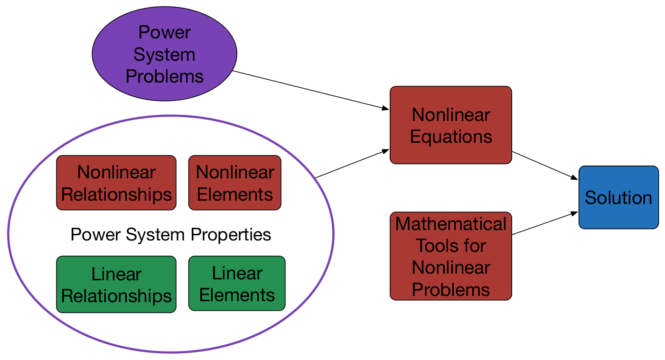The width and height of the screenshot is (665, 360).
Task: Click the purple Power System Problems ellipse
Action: (x=164, y=54)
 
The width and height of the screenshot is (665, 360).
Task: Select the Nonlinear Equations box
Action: (x=450, y=125)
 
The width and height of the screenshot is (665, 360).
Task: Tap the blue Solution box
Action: (x=618, y=197)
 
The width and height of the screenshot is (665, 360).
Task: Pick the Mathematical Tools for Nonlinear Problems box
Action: (x=450, y=256)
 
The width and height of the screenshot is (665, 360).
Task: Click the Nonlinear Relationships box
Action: (x=116, y=183)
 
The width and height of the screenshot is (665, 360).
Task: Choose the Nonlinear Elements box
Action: (x=234, y=183)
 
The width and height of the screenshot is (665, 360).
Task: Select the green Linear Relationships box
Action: (x=116, y=285)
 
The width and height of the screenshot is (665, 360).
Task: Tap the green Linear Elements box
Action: (x=236, y=284)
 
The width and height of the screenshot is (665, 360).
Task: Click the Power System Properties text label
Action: (x=170, y=234)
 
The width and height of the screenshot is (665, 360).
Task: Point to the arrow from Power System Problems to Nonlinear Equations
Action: (x=309, y=91)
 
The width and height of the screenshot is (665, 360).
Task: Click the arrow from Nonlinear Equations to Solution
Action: (x=544, y=165)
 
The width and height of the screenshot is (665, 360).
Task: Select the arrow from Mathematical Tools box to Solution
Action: (x=544, y=223)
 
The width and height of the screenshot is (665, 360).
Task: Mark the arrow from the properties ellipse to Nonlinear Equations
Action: (x=349, y=164)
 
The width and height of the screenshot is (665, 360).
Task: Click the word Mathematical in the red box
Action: (x=450, y=224)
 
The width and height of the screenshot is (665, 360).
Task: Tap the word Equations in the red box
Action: (x=450, y=137)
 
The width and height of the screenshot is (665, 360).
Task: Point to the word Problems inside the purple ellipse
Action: (x=164, y=76)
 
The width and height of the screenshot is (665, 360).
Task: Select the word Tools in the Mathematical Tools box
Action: (x=434, y=246)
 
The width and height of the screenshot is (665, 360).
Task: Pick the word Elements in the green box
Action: (x=236, y=295)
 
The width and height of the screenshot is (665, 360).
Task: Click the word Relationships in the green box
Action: (x=116, y=296)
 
